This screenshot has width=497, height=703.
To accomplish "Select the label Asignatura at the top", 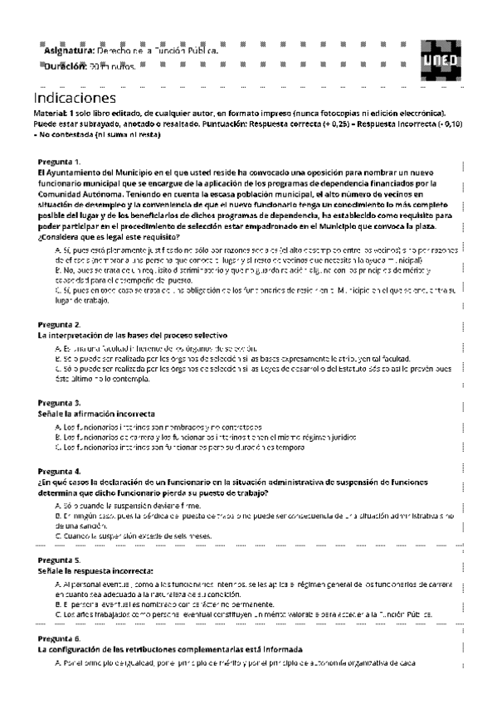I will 69,51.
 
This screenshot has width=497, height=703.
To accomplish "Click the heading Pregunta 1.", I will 59,162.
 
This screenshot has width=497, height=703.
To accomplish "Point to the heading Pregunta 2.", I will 59,324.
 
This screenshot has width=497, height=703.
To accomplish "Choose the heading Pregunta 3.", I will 59,402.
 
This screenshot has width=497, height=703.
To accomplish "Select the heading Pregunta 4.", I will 59,470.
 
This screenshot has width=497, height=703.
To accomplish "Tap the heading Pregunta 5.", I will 59,560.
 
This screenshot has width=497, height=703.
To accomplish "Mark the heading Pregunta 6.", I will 59,639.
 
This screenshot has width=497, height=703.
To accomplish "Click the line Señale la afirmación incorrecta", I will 96,413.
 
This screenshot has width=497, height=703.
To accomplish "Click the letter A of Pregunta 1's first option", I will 56,248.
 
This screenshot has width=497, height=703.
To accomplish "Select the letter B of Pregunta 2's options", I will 56,359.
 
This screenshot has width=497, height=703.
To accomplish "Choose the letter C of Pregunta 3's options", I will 56,448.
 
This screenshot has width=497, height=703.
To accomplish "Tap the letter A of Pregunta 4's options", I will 56,504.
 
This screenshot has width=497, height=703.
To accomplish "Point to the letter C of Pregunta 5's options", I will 56,615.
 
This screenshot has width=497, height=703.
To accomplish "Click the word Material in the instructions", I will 51,113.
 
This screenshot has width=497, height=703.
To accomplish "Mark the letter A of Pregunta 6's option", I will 56,662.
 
